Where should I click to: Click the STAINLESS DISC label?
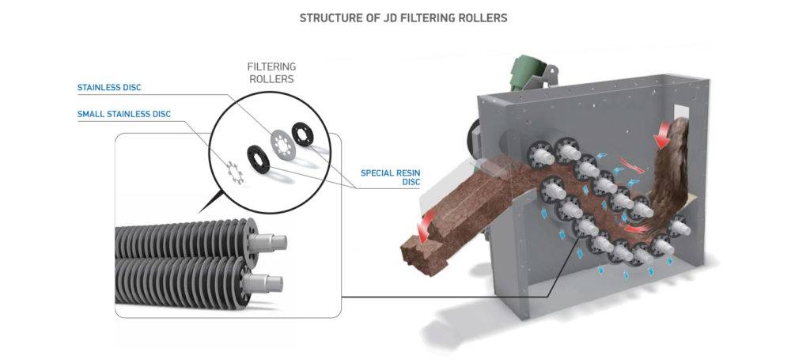point(109,87)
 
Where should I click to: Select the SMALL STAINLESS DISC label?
point(123,114)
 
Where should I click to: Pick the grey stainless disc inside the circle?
point(281,142)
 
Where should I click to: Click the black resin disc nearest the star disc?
point(259,157)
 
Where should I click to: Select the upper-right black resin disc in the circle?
point(301,132)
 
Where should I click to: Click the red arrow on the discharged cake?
point(427,226)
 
